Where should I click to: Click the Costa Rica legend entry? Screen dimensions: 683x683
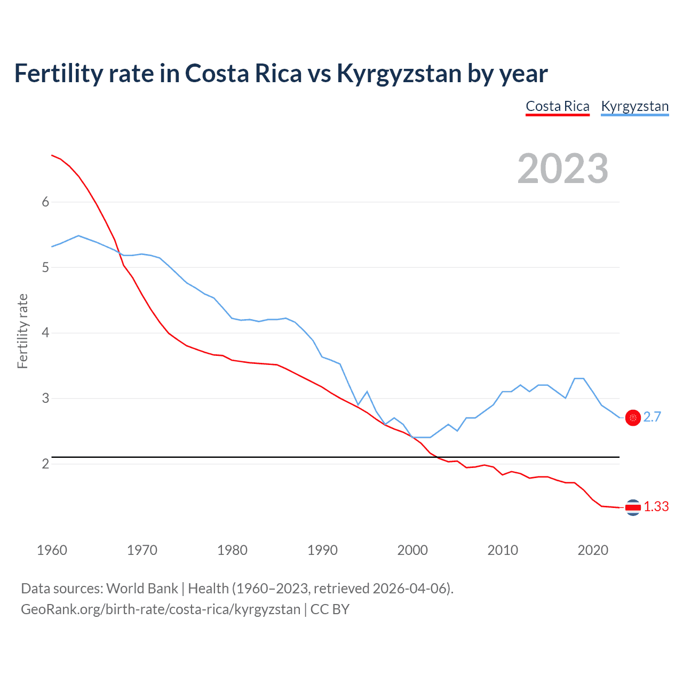(558, 106)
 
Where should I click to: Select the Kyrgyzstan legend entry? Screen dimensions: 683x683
(634, 106)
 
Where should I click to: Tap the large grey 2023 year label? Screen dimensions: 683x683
(563, 169)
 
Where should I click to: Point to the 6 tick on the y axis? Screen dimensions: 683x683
(45, 202)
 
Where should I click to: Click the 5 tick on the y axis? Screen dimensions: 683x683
(45, 267)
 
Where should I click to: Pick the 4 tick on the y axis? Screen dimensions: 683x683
(45, 333)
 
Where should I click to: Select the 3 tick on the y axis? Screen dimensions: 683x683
(45, 399)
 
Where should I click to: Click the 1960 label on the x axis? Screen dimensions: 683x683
(52, 550)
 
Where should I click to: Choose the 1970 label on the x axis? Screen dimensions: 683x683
(142, 550)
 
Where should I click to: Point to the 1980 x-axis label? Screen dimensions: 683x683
(232, 550)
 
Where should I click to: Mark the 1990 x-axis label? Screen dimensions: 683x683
(322, 550)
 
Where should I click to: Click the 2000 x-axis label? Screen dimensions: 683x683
(412, 550)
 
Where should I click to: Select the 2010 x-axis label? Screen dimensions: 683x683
(503, 550)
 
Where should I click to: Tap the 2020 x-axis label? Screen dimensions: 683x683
(593, 550)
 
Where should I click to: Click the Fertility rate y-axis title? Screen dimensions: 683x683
(22, 331)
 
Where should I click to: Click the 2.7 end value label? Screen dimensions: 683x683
(652, 417)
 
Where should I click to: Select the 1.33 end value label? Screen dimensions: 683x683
(656, 507)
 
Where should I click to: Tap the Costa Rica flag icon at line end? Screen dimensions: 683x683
(633, 507)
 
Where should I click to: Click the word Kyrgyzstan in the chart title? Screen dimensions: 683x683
(399, 74)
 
